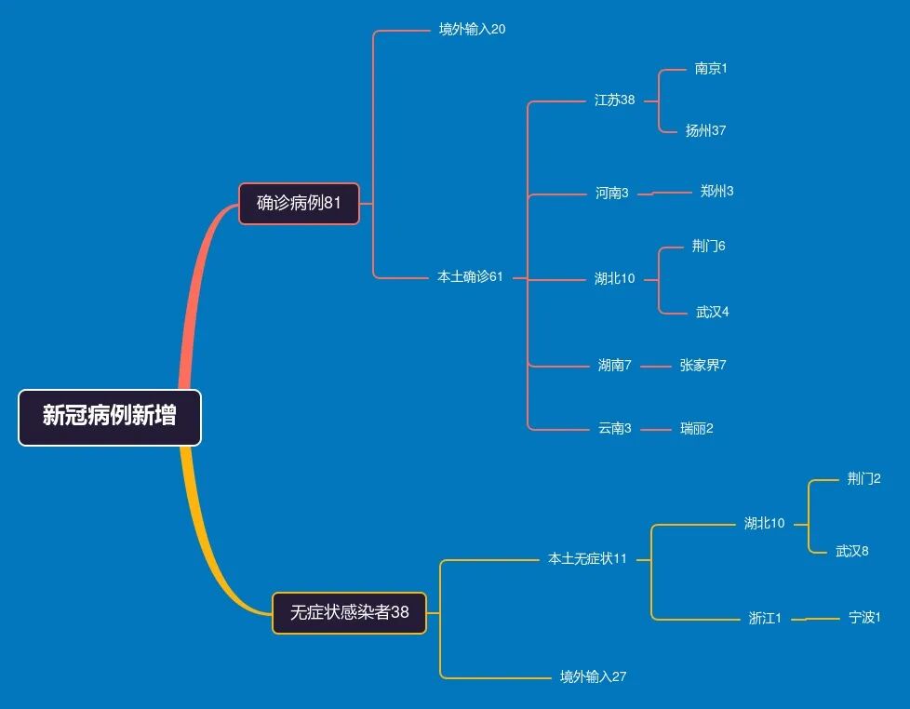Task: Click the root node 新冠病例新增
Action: tap(110, 417)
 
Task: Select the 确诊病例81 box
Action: tap(299, 203)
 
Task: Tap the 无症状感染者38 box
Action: tap(349, 613)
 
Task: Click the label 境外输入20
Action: tap(472, 29)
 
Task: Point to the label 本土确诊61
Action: tap(470, 276)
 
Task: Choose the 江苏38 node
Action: tap(614, 100)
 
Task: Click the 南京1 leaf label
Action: tap(711, 68)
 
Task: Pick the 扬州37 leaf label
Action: tap(705, 130)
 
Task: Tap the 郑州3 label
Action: tap(716, 191)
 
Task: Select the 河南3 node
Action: tap(611, 193)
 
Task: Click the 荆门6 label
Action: tap(708, 246)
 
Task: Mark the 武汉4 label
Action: tap(712, 312)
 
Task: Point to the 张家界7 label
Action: tap(703, 365)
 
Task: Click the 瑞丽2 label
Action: tap(696, 428)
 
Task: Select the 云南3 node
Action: tap(614, 428)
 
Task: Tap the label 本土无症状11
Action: tap(587, 558)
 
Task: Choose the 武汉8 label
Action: tap(851, 551)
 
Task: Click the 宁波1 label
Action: tap(864, 617)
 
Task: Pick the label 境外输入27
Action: tap(593, 676)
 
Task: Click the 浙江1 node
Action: tap(765, 618)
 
